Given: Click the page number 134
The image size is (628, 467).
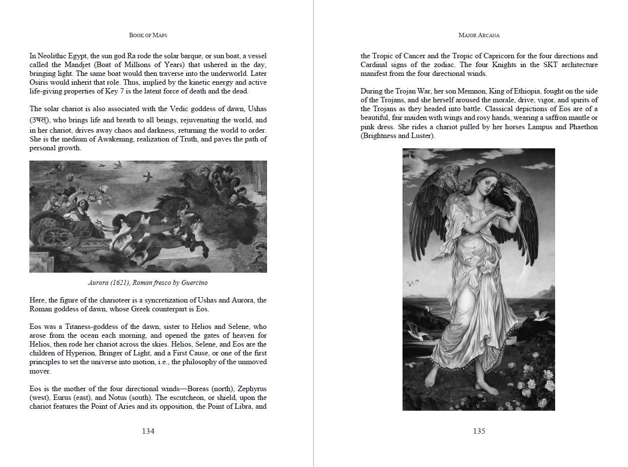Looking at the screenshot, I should point(148,431).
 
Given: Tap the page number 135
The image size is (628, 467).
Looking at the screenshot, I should point(479,431).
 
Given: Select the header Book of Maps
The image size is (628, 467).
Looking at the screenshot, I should point(148,35).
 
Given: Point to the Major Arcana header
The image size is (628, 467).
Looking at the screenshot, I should point(479,35).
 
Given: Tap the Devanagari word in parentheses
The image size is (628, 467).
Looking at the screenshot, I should point(40,120).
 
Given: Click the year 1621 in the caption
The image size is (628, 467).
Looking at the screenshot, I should point(119,283).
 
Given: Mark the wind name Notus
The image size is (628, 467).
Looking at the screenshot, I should point(117,397).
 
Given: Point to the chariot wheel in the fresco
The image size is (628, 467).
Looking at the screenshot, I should point(55,235).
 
